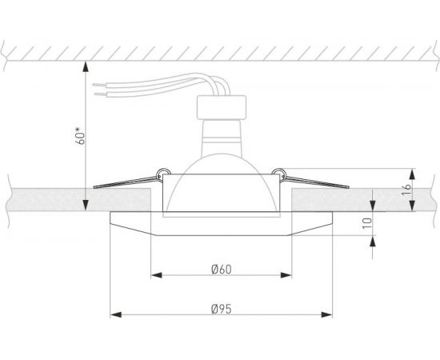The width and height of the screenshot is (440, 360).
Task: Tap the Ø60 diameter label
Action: (222, 269)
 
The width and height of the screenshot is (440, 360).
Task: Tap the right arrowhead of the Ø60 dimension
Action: (289, 278)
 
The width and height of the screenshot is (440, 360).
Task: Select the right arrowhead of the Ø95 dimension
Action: (331, 313)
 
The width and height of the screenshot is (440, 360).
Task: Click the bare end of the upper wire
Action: (99, 81)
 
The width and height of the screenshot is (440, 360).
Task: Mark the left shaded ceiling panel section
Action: (48, 200)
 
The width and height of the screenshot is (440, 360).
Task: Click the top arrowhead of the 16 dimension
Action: (412, 172)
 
